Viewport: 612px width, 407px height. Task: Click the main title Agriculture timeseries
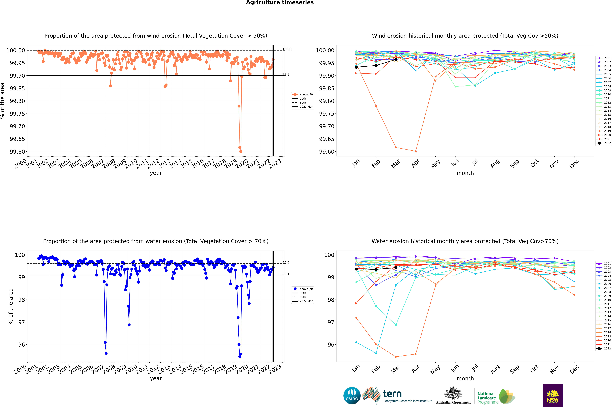click(280, 3)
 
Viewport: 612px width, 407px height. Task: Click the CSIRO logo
click(352, 396)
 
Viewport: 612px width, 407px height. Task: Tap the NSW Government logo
click(553, 396)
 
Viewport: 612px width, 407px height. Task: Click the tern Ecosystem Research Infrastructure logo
click(397, 396)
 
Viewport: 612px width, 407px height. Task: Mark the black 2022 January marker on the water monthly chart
click(356, 269)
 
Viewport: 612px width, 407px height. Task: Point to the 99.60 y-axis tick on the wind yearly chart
click(17, 152)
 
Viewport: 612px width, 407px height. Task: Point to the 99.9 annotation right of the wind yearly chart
click(286, 74)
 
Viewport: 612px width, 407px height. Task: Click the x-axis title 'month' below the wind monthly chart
click(465, 173)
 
